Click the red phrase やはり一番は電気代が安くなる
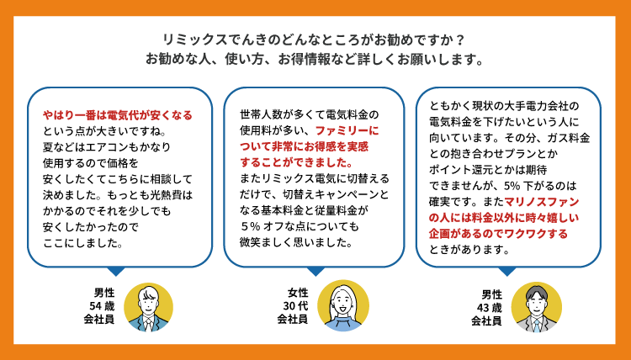[118, 114]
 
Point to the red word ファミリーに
[347, 130]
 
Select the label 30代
[293, 305]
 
